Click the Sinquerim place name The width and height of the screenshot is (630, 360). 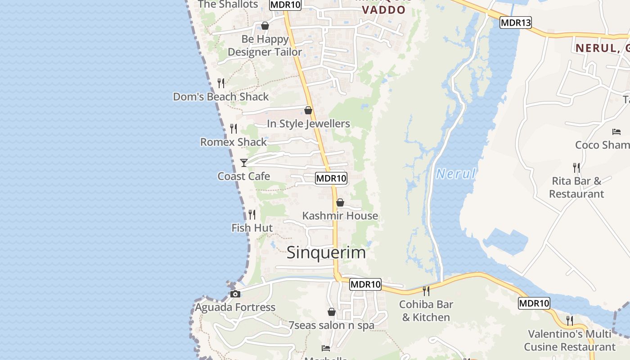point(326,253)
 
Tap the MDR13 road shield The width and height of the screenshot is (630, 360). point(515,22)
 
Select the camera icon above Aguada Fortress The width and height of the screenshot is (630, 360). point(235,294)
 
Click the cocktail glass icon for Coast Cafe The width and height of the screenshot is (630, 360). point(244,162)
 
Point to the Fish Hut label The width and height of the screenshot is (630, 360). point(252,228)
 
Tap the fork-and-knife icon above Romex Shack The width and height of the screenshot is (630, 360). point(234,129)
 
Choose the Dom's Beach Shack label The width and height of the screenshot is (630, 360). point(221,97)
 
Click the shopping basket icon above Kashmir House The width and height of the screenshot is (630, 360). point(340,202)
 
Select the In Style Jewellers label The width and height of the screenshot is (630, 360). point(308,124)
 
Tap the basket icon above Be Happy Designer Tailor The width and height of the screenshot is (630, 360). point(265,26)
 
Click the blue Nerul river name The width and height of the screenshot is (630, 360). point(455,174)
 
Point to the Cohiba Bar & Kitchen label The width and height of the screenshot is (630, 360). point(425,311)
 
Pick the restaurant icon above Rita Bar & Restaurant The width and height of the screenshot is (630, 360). point(576,168)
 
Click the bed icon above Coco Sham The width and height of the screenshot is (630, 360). point(616,132)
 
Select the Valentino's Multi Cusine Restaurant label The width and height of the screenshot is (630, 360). point(569,341)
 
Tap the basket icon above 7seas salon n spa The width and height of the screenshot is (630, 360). point(332,312)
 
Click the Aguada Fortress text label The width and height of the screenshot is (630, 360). point(235,307)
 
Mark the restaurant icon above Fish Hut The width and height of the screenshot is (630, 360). point(252,215)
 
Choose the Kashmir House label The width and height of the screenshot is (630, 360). point(340,216)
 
